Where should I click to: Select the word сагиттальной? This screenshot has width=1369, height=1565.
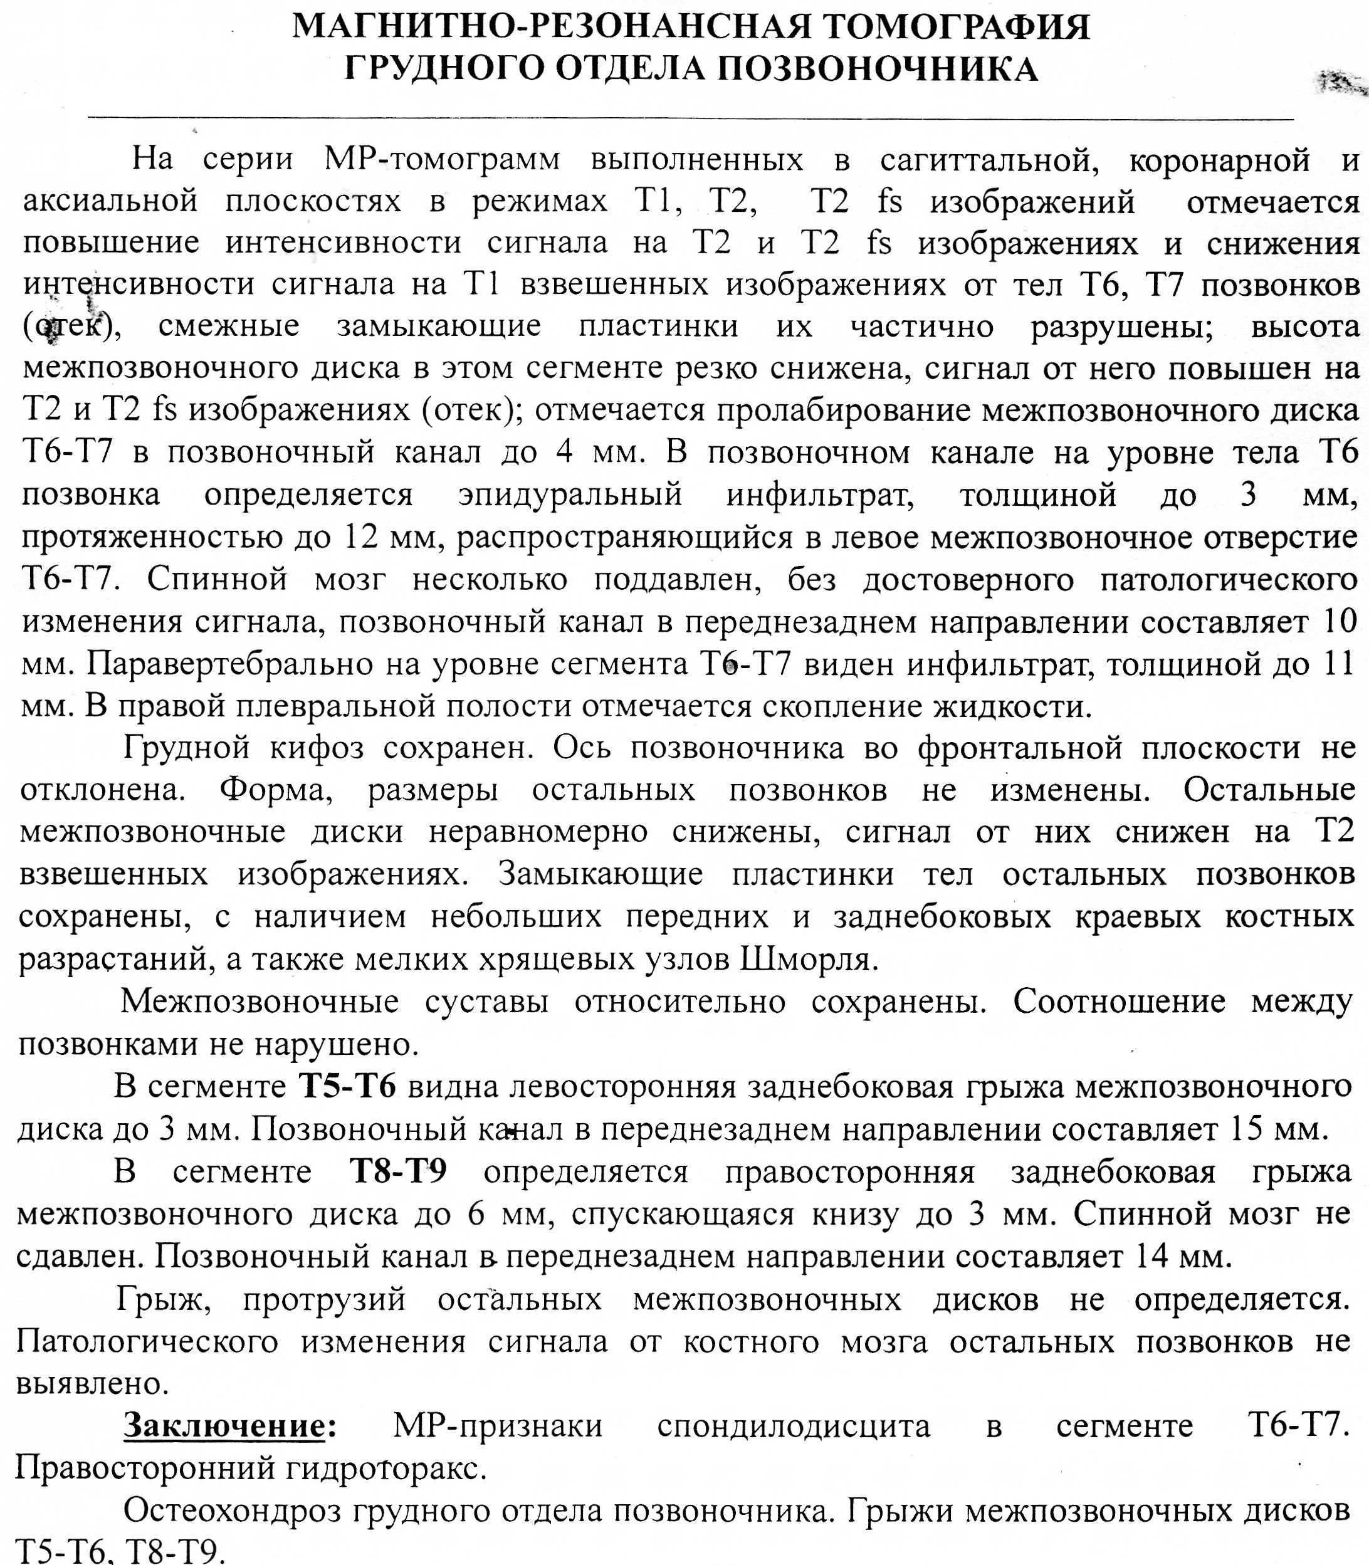989,160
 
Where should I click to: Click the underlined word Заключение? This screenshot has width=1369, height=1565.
224,1425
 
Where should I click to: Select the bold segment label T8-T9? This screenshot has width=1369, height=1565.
398,1171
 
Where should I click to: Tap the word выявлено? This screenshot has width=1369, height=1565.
92,1383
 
